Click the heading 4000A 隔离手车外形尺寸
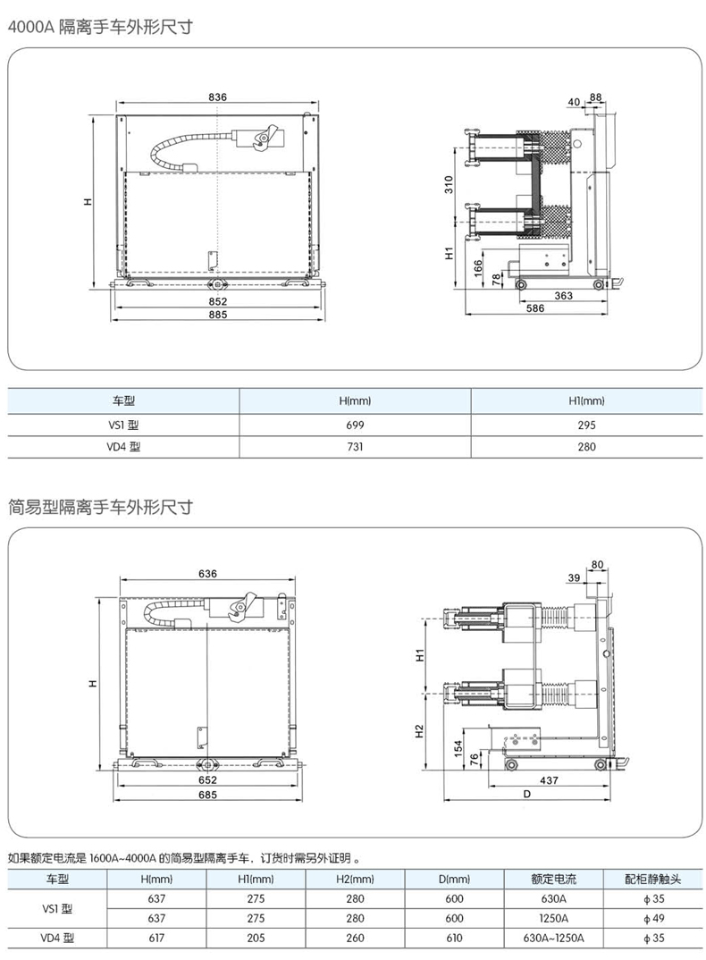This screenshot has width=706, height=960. (x=100, y=27)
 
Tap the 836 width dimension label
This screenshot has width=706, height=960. (x=218, y=97)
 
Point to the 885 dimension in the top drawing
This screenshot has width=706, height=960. (x=218, y=315)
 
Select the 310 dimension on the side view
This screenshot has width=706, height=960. (x=451, y=185)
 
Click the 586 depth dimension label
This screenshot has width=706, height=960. (x=534, y=308)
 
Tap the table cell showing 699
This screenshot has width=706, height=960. (x=355, y=425)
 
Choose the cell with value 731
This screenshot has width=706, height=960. (x=355, y=447)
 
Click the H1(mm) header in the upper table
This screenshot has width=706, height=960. (x=586, y=402)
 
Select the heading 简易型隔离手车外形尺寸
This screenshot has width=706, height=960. (x=100, y=508)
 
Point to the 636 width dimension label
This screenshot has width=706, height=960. (x=208, y=573)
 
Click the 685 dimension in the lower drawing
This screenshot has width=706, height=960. (x=208, y=794)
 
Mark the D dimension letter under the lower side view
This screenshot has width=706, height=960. (x=526, y=794)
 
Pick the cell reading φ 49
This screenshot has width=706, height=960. (x=653, y=918)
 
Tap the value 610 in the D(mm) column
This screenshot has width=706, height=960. (x=454, y=938)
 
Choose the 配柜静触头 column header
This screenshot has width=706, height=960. (x=653, y=880)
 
